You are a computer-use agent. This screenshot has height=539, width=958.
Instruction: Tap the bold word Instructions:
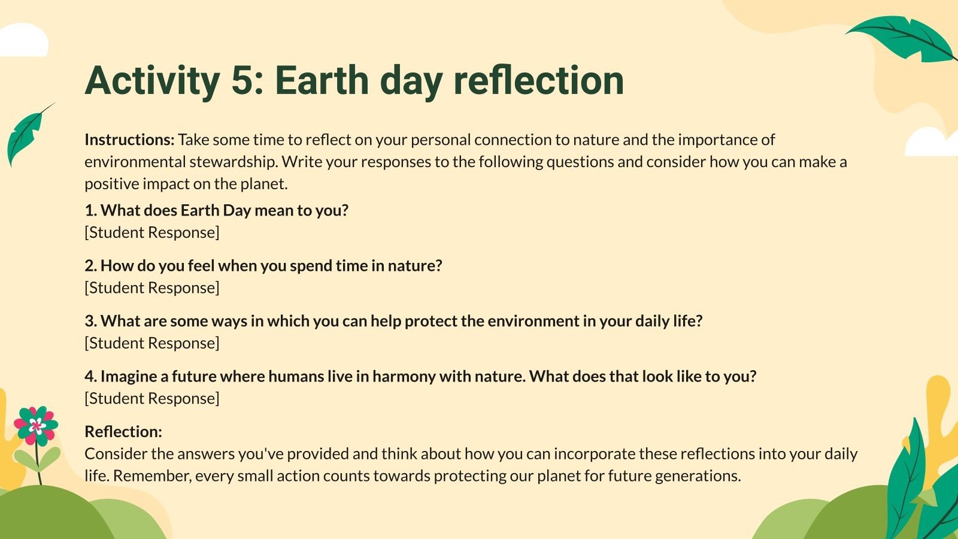[x=129, y=140]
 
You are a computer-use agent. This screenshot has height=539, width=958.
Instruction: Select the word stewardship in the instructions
[x=234, y=162]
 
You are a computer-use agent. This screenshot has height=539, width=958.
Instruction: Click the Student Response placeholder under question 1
[x=152, y=232]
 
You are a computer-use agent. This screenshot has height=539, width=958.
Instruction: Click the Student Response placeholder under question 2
[x=152, y=287]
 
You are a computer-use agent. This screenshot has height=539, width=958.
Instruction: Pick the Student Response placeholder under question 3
[x=152, y=343]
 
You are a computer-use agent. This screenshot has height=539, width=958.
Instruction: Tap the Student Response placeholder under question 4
[x=152, y=398]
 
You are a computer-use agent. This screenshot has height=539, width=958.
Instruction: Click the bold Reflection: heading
[x=123, y=432]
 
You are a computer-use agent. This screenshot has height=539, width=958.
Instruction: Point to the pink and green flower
[x=36, y=426]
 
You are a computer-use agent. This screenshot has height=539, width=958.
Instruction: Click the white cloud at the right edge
[x=932, y=143]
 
